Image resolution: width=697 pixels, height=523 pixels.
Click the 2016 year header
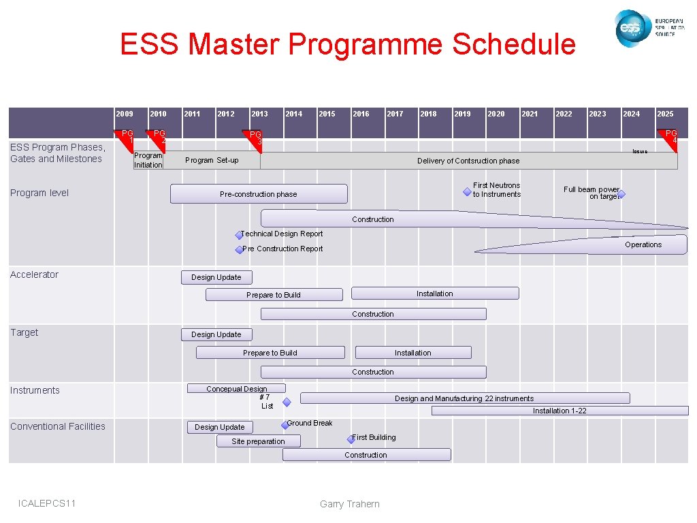pyautogui.click(x=361, y=114)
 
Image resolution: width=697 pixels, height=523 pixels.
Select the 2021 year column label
pyautogui.click(x=530, y=114)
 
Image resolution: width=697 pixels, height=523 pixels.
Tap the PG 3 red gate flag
pyautogui.click(x=253, y=137)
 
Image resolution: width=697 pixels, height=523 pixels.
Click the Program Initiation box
pyautogui.click(x=148, y=160)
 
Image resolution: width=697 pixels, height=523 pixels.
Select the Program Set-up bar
pyautogui.click(x=212, y=161)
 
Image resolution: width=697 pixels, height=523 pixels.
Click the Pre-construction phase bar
pyautogui.click(x=258, y=194)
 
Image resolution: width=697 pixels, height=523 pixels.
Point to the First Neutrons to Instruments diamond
pyautogui.click(x=467, y=193)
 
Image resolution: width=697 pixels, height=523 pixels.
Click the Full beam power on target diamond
pyautogui.click(x=621, y=194)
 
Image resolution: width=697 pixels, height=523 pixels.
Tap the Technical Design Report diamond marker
pyautogui.click(x=239, y=236)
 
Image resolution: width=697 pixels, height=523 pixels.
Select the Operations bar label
pyautogui.click(x=643, y=244)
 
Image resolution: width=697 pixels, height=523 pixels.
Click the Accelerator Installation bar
pyautogui.click(x=434, y=294)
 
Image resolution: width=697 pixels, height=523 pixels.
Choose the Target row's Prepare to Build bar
pyautogui.click(x=270, y=353)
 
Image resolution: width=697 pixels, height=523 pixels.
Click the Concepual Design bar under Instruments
pyautogui.click(x=236, y=389)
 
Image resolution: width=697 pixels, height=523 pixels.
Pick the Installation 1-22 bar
pyautogui.click(x=559, y=411)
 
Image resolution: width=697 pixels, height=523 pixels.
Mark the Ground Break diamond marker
pyautogui.click(x=285, y=426)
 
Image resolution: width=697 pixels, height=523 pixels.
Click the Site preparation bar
pyautogui.click(x=258, y=441)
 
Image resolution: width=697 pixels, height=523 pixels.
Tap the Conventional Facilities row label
pyautogui.click(x=58, y=426)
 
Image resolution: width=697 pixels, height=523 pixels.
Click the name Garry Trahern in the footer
pyautogui.click(x=349, y=504)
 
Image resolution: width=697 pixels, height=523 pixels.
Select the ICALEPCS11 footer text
pyautogui.click(x=48, y=503)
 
